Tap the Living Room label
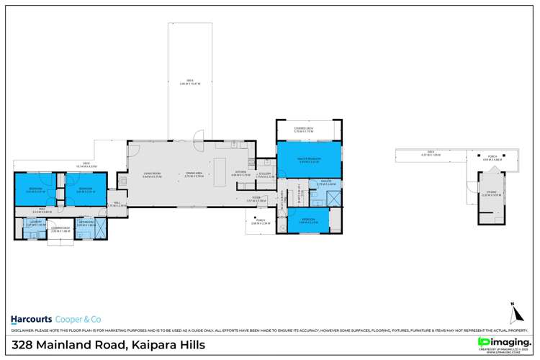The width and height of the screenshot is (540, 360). (151, 174)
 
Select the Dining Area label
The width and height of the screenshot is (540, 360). (192, 174)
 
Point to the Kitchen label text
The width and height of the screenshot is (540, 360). (240, 174)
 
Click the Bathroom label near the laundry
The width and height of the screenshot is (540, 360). (85, 224)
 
